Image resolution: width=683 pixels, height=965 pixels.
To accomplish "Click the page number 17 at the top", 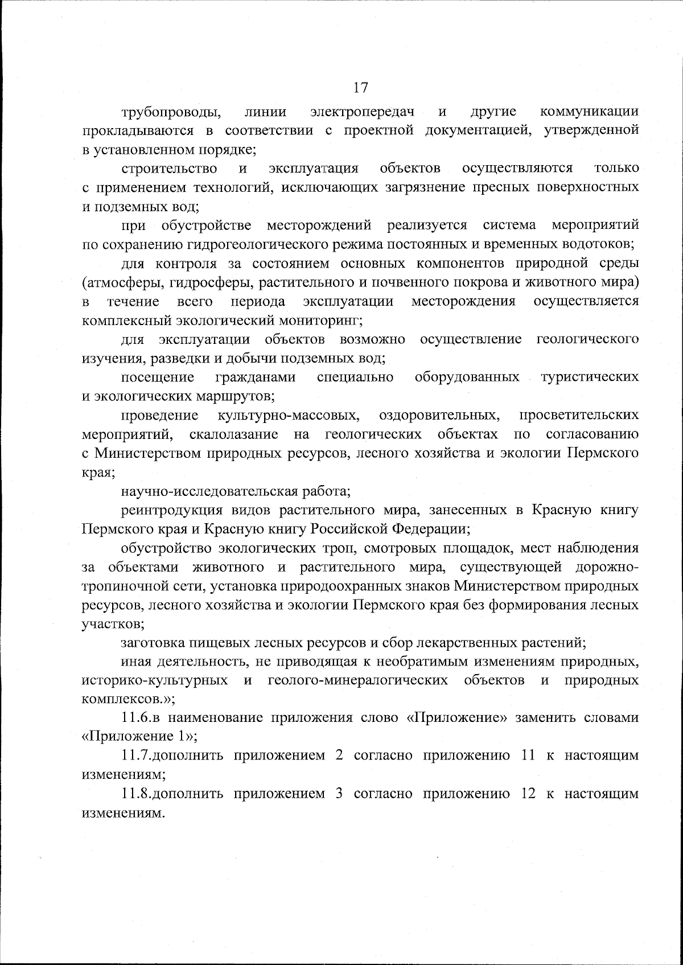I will [361, 88].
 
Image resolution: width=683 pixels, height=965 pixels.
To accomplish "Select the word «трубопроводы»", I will [168, 112].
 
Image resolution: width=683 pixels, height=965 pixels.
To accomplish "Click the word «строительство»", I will [168, 169].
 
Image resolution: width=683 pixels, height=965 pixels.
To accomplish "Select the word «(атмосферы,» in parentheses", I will [118, 282].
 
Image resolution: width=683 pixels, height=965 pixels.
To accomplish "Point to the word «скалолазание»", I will [233, 434].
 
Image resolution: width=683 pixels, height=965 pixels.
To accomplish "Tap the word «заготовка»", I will [152, 643].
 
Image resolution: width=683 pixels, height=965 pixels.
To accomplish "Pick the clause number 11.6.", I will [135, 718].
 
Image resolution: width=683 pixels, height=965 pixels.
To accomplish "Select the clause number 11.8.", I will [135, 794].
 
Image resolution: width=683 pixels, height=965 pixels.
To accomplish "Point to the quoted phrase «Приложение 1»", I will [137, 737].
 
